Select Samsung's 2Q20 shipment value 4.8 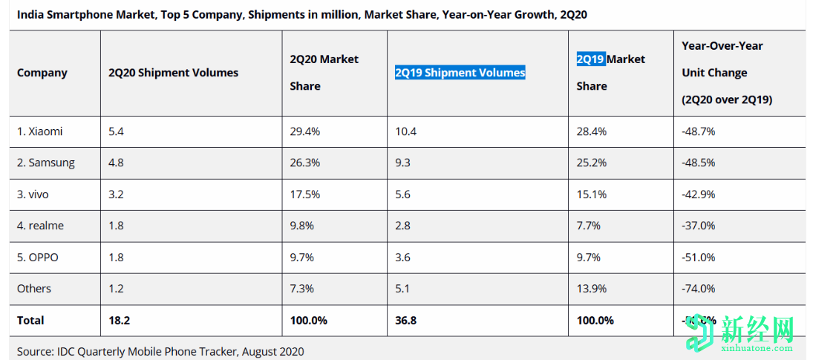115,163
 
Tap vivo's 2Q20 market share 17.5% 305,194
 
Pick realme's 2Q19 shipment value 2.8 404,226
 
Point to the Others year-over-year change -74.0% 698,289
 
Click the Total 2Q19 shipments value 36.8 406,321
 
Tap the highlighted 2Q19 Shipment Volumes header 460,73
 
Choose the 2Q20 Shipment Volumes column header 173,73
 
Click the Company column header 42,73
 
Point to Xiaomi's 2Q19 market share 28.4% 592,131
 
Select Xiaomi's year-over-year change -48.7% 698,131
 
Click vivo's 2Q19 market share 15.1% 592,194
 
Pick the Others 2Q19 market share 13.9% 592,289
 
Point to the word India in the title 30,14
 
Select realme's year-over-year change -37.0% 698,226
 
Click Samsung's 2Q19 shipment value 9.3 404,163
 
